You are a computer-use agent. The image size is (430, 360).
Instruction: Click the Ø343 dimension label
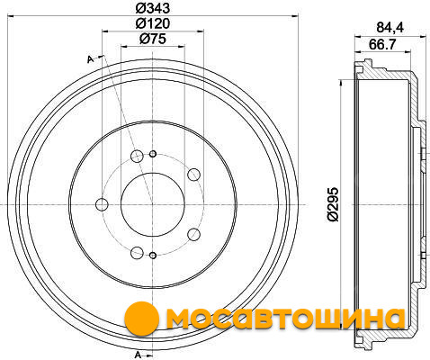(x=153, y=8)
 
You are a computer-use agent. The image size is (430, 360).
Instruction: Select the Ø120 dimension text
(x=153, y=23)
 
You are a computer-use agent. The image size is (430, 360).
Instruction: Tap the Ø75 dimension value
(x=153, y=39)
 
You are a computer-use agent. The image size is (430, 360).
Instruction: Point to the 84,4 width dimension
(x=390, y=28)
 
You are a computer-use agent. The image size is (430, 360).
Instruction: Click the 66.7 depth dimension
(x=382, y=45)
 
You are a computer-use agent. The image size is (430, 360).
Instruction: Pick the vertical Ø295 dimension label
(x=333, y=204)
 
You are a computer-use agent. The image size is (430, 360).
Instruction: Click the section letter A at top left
(x=90, y=59)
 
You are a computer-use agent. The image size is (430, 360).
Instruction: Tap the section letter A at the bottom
(x=138, y=355)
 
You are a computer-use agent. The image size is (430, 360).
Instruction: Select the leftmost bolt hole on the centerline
(x=102, y=204)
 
